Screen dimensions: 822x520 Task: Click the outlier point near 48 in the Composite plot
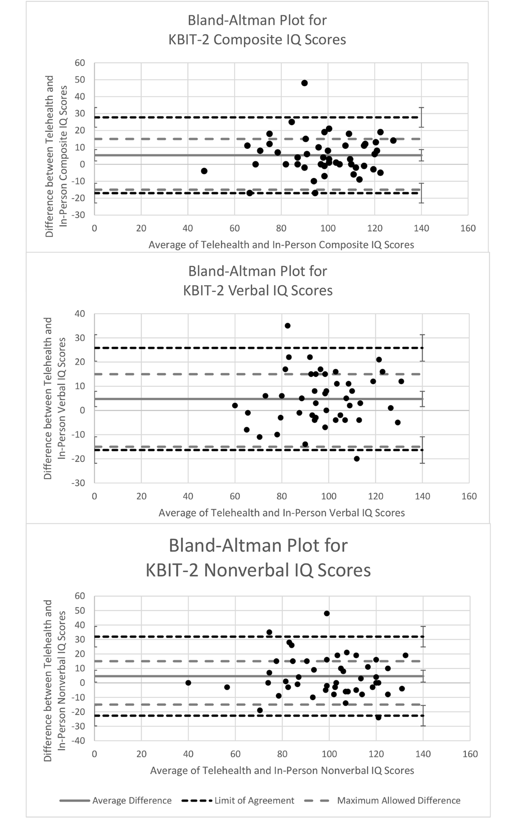click(304, 83)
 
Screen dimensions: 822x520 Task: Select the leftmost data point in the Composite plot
click(204, 171)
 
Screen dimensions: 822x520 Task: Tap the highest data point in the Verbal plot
click(287, 326)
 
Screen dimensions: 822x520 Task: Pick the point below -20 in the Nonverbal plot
click(378, 717)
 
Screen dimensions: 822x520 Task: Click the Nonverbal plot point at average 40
click(188, 683)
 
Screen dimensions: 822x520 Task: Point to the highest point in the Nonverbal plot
click(327, 613)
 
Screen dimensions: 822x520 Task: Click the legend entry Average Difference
click(132, 800)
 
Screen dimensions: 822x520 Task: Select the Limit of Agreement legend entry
click(254, 800)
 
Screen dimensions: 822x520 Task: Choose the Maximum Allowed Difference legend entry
click(399, 800)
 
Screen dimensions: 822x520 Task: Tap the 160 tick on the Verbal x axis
click(469, 496)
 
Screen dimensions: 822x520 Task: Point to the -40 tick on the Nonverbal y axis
click(79, 741)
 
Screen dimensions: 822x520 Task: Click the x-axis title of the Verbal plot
click(282, 513)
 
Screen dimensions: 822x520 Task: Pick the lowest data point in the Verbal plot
click(357, 459)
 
